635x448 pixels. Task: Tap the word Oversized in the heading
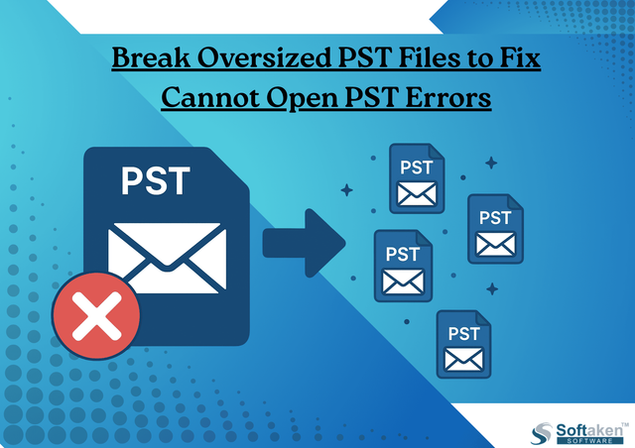(x=265, y=57)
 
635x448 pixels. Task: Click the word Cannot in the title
(x=210, y=97)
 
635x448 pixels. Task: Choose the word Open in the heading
(x=302, y=99)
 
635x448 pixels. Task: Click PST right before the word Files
(x=365, y=57)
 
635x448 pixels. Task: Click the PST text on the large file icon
(x=156, y=181)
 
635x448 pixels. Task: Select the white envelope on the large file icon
(x=167, y=258)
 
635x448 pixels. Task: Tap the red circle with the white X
(x=96, y=315)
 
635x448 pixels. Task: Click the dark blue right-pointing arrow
(x=305, y=243)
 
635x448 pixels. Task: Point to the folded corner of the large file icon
(x=229, y=168)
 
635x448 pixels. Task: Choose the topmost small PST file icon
(x=417, y=178)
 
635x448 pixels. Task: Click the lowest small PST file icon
(x=463, y=344)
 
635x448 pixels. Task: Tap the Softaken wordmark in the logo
(x=589, y=430)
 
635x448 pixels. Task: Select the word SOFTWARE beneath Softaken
(x=589, y=441)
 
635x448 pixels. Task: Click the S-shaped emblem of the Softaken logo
(x=542, y=433)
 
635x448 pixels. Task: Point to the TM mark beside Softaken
(x=626, y=424)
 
